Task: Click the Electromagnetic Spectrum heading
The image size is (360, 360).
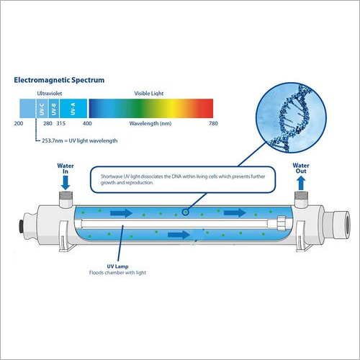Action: [x=59, y=80]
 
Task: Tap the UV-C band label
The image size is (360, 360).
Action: [x=42, y=109]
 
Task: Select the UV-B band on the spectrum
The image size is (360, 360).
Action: [x=54, y=109]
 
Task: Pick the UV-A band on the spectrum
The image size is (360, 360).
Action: [x=73, y=109]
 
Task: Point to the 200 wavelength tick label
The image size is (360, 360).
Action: [x=19, y=124]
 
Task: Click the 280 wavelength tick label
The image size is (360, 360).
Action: [x=48, y=124]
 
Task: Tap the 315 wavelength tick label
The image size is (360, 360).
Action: [x=61, y=124]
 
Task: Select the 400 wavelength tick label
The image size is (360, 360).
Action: [x=87, y=124]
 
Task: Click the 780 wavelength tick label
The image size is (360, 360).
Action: [x=213, y=124]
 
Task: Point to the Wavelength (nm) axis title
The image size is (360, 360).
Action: [x=150, y=124]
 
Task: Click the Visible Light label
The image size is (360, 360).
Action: [x=149, y=94]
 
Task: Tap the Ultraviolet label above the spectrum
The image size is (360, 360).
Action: [x=50, y=94]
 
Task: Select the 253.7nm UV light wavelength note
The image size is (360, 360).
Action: [x=80, y=140]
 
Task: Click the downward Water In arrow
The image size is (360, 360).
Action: [x=66, y=183]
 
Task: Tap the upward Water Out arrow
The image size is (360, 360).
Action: [x=301, y=184]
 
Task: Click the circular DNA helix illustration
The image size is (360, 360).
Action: [x=291, y=117]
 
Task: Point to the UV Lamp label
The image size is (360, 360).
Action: [x=117, y=266]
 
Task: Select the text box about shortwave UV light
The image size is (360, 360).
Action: [x=183, y=179]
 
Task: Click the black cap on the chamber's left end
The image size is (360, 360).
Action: [x=22, y=227]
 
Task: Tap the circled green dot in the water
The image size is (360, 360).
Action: [x=185, y=212]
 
